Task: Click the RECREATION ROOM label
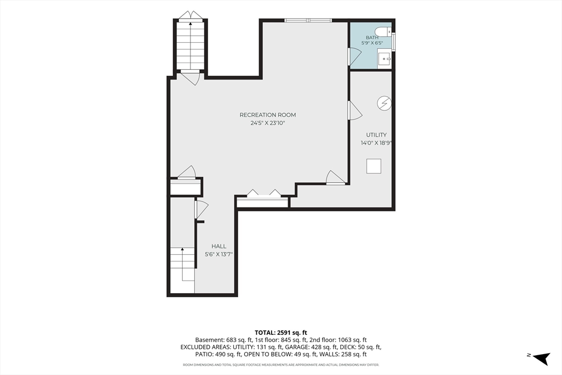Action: coord(268,115)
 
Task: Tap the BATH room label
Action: coord(372,38)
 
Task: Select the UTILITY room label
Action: coord(376,135)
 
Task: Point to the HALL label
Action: coord(218,247)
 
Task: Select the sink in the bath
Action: coord(385,59)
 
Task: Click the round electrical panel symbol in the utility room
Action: coord(384,104)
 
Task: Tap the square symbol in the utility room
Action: coord(373,166)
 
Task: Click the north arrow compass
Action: coord(541,357)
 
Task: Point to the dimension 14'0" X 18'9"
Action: coord(376,143)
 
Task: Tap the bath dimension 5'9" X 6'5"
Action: coord(372,43)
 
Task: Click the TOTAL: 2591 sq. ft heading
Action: coord(281,333)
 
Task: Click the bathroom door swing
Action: coord(355,57)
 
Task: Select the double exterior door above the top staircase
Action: coord(191,15)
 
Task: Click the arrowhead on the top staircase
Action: coord(190,24)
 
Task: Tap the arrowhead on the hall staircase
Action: coord(182,249)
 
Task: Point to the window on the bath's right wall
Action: coord(394,42)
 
